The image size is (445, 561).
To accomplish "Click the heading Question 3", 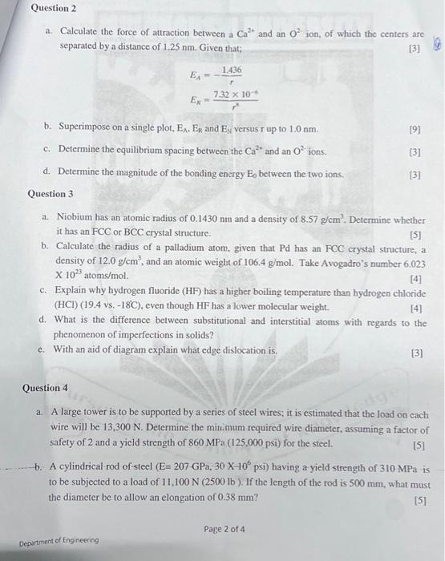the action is pos(51,194).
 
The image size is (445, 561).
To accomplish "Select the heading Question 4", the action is pos(46,389).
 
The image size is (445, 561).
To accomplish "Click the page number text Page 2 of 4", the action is pos(225,530).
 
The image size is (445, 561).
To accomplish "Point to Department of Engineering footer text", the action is pos(59,540).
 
